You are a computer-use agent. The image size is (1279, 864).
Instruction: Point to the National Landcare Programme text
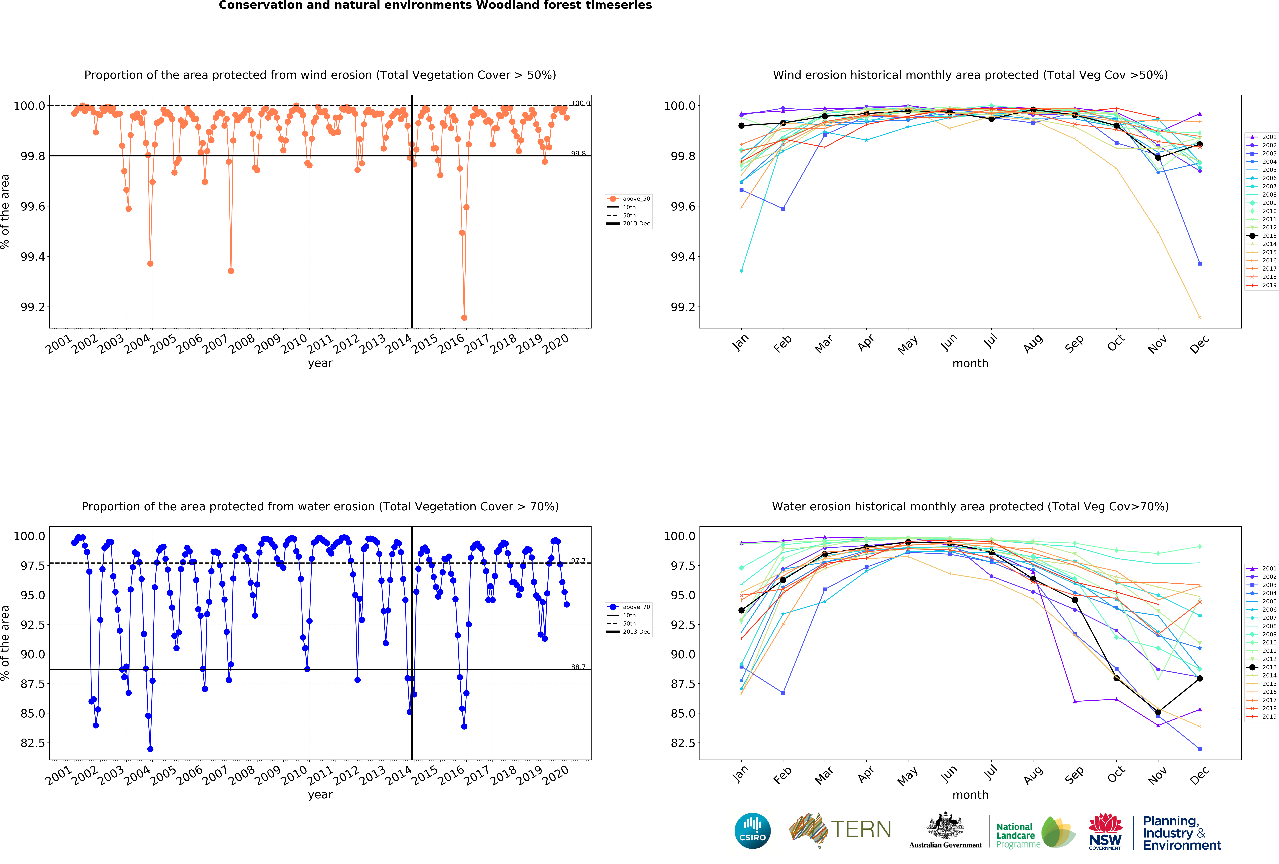[1018, 835]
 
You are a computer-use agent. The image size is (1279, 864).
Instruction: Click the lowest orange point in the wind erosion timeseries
[464, 317]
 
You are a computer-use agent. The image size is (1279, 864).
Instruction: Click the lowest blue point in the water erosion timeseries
[150, 749]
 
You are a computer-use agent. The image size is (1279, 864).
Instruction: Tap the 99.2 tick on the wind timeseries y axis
[33, 307]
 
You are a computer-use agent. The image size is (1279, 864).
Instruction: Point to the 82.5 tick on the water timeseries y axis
[33, 743]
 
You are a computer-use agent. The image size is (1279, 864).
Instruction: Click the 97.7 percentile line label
[578, 561]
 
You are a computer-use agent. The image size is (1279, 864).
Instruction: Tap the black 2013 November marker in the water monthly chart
[1158, 712]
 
